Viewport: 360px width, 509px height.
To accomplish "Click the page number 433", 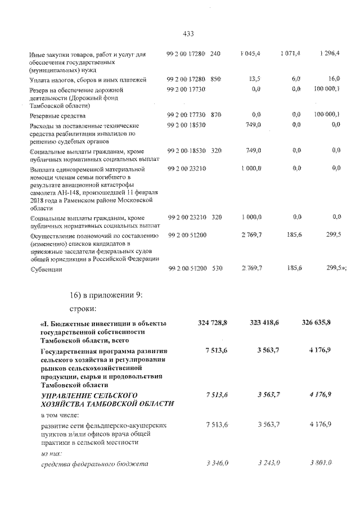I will [188, 34].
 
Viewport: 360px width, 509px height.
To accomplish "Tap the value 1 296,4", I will [328, 54].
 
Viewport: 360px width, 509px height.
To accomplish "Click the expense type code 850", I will [215, 80].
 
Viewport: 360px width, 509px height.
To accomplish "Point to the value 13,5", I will [255, 80].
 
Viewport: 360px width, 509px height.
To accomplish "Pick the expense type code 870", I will [215, 115].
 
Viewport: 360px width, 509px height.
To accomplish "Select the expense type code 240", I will [215, 54].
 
